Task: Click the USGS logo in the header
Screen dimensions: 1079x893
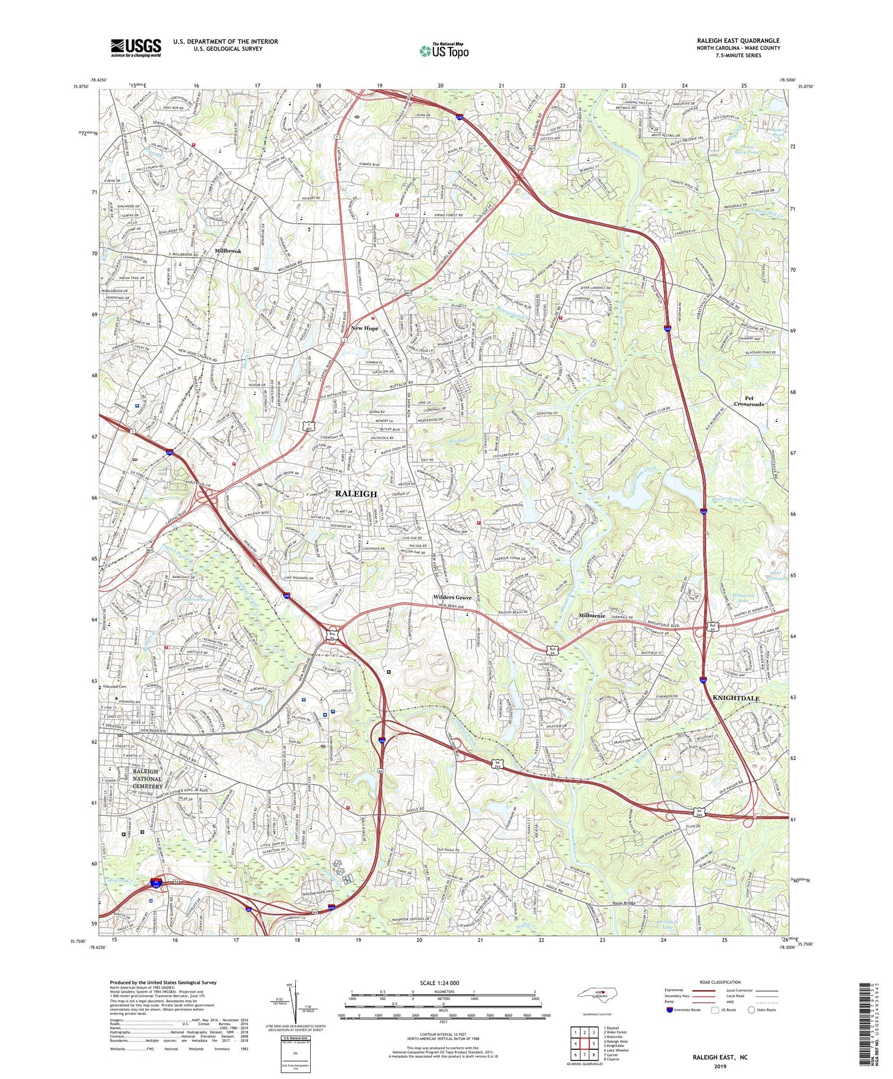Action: (135, 48)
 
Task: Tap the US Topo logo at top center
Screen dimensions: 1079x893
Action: (443, 51)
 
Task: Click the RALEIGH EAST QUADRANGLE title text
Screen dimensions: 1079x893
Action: (738, 40)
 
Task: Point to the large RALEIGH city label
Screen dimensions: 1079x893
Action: (356, 494)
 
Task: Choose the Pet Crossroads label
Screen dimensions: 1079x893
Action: (757, 401)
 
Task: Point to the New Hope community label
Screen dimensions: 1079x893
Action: (364, 328)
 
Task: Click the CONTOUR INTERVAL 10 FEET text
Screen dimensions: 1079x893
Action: (442, 1035)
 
